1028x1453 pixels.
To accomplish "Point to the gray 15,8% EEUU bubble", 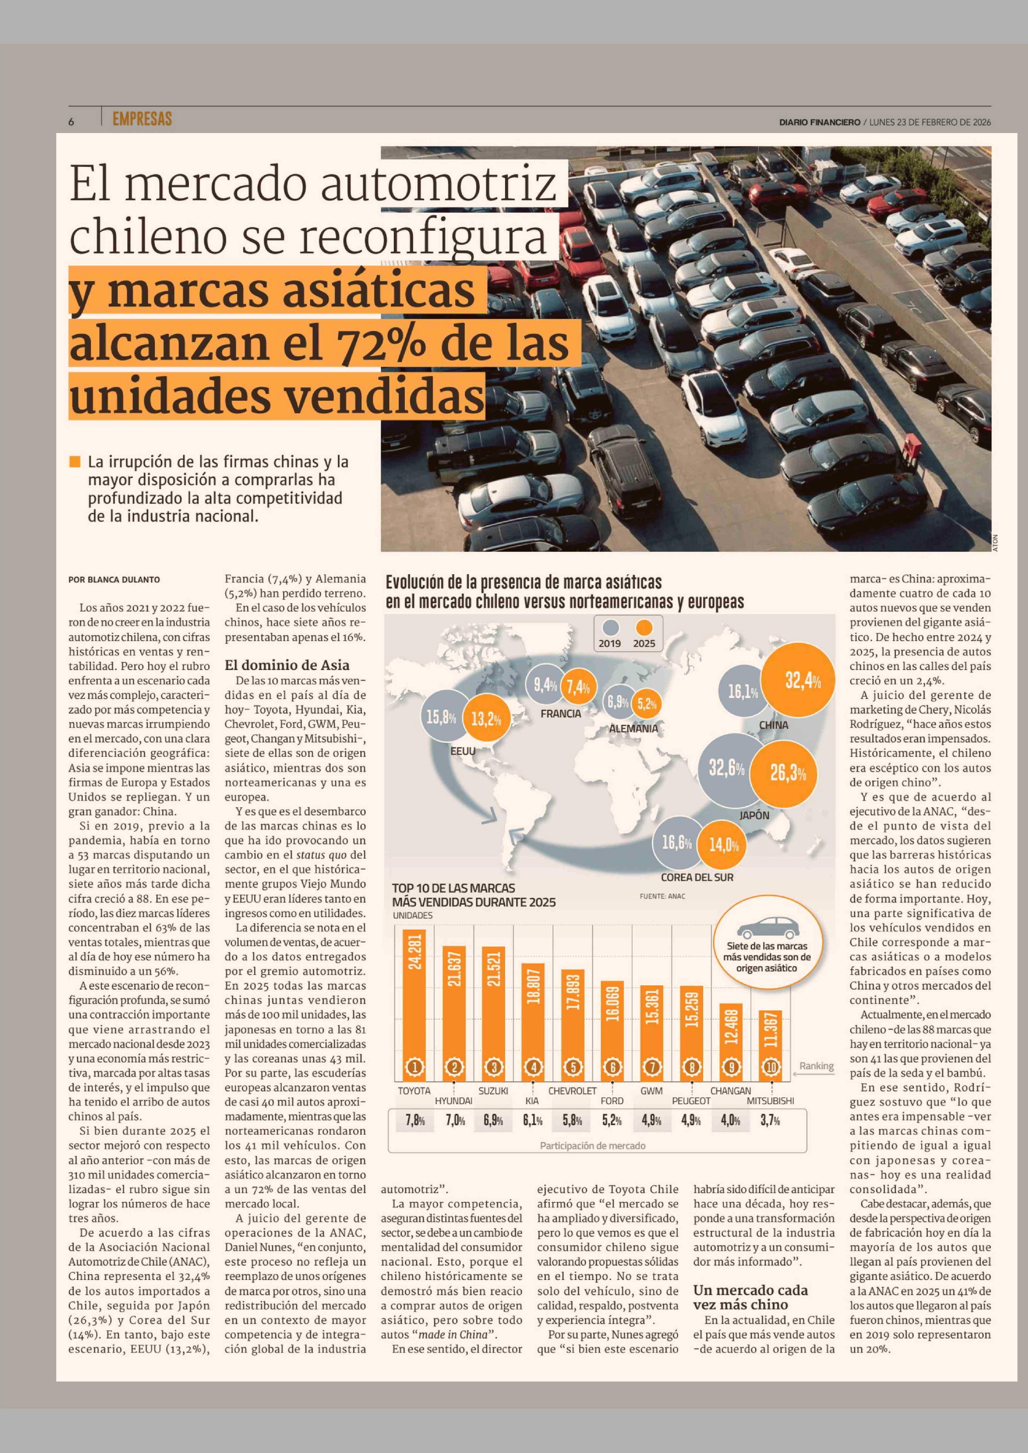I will pyautogui.click(x=441, y=717).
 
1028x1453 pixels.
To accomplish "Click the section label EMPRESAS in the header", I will pyautogui.click(x=142, y=119).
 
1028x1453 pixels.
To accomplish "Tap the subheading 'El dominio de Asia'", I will pyautogui.click(x=287, y=665).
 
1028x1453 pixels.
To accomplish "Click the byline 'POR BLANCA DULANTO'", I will pyautogui.click(x=114, y=579).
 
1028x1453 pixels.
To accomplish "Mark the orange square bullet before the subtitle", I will pyautogui.click(x=75, y=462).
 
